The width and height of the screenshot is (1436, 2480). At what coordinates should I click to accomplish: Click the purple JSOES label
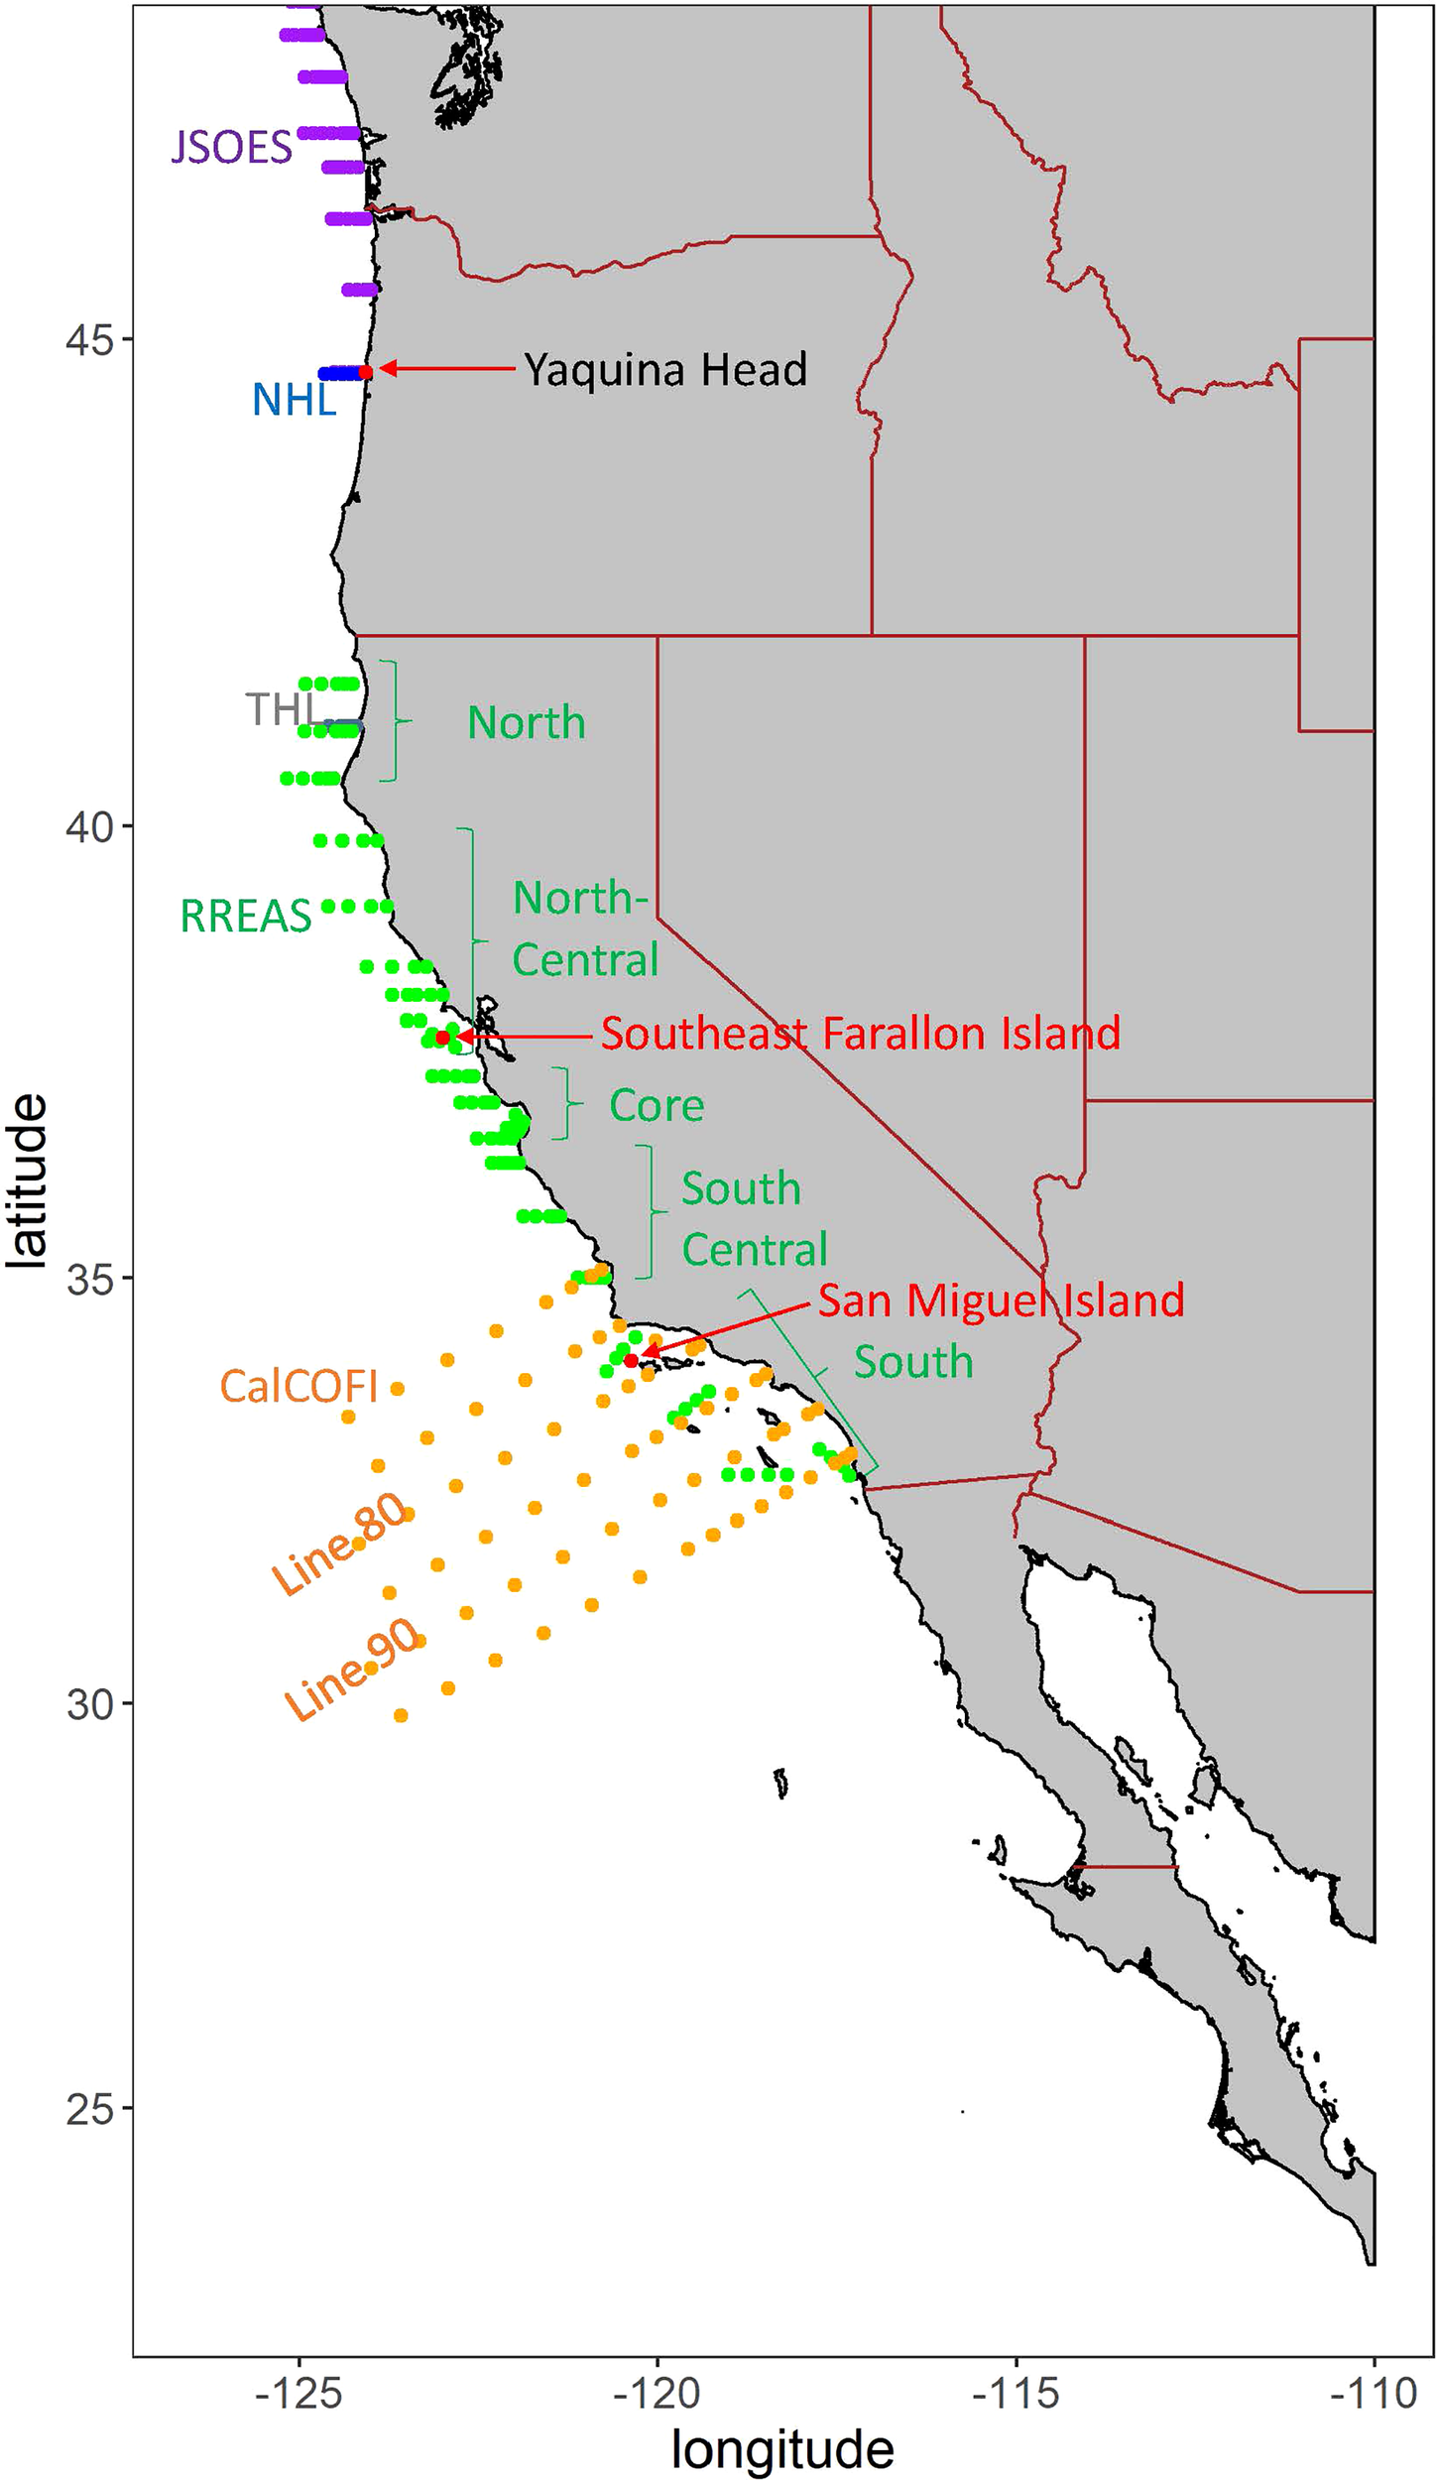click(232, 148)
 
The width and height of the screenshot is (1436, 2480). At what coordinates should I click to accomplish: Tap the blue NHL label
click(294, 400)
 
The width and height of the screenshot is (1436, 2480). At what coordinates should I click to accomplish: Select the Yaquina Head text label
click(665, 370)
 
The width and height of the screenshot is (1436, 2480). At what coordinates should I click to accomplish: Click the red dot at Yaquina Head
click(365, 372)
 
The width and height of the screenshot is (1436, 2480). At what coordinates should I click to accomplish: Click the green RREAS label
click(246, 916)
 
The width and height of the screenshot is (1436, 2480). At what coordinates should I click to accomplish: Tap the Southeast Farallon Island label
click(860, 1034)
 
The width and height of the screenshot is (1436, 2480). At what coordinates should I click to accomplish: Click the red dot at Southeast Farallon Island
click(442, 1037)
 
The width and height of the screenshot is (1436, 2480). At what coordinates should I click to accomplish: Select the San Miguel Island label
click(1001, 1301)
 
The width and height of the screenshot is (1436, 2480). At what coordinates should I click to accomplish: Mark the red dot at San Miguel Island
click(631, 1360)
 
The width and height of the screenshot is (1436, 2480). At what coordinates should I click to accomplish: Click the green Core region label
click(657, 1105)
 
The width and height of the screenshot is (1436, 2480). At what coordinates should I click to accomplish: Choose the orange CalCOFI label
click(299, 1387)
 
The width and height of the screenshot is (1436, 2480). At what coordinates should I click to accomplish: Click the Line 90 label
click(353, 1671)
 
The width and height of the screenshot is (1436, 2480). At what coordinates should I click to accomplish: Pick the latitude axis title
click(27, 1180)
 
